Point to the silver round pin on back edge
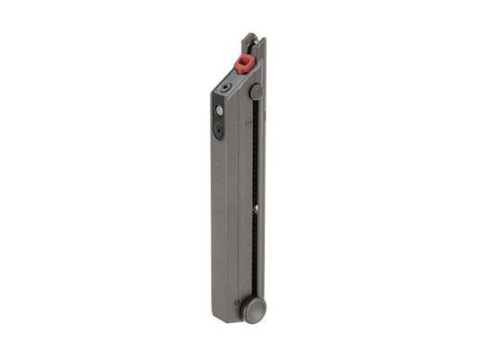click(219, 110)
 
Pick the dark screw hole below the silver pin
click(220, 130)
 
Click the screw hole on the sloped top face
click(225, 87)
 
